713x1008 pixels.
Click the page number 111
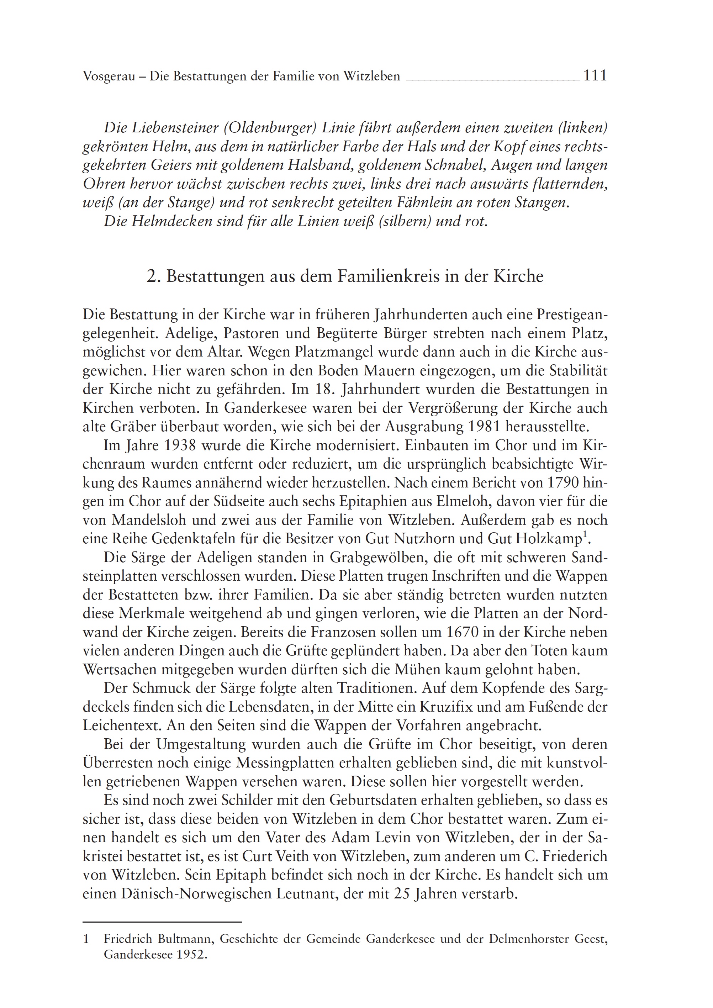point(595,76)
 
